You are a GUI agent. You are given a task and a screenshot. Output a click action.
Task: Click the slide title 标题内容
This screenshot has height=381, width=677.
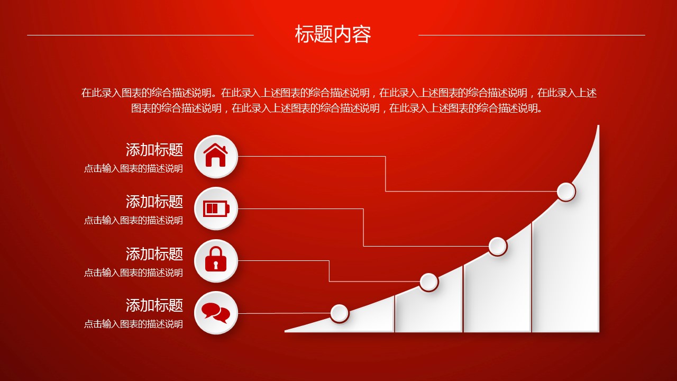333,34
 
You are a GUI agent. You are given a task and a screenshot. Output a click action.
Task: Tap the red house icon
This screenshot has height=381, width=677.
215,155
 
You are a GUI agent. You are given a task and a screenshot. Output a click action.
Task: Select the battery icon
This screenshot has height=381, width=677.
216,208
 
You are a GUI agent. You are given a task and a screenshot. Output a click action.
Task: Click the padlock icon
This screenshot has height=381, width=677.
216,259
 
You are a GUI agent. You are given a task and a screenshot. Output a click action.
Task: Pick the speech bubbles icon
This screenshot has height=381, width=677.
216,313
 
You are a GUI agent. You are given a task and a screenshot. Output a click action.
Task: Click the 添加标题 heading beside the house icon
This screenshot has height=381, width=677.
154,150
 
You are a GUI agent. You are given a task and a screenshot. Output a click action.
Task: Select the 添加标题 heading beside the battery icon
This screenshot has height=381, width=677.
154,202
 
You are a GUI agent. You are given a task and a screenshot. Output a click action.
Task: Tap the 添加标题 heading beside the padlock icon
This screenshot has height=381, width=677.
154,253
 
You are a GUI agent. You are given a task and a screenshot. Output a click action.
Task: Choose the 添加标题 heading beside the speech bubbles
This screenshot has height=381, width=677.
154,305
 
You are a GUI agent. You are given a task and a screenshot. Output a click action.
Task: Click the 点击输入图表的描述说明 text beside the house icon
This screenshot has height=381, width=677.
133,168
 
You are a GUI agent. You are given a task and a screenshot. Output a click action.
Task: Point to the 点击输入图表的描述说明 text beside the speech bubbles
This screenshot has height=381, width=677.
133,324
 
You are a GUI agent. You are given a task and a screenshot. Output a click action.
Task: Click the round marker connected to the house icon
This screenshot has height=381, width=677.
566,192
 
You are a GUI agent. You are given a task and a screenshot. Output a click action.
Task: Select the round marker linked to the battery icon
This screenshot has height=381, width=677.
498,246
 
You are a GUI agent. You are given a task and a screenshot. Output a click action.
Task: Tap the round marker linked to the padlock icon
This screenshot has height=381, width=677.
428,282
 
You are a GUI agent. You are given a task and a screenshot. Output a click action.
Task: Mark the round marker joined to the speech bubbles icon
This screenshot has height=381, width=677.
340,313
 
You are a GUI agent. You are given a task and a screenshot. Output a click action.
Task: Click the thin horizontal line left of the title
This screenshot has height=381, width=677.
140,35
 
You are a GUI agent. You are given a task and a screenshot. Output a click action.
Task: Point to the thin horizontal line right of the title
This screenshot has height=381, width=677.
532,35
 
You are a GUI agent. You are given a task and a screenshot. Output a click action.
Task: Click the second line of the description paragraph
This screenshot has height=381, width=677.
336,108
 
